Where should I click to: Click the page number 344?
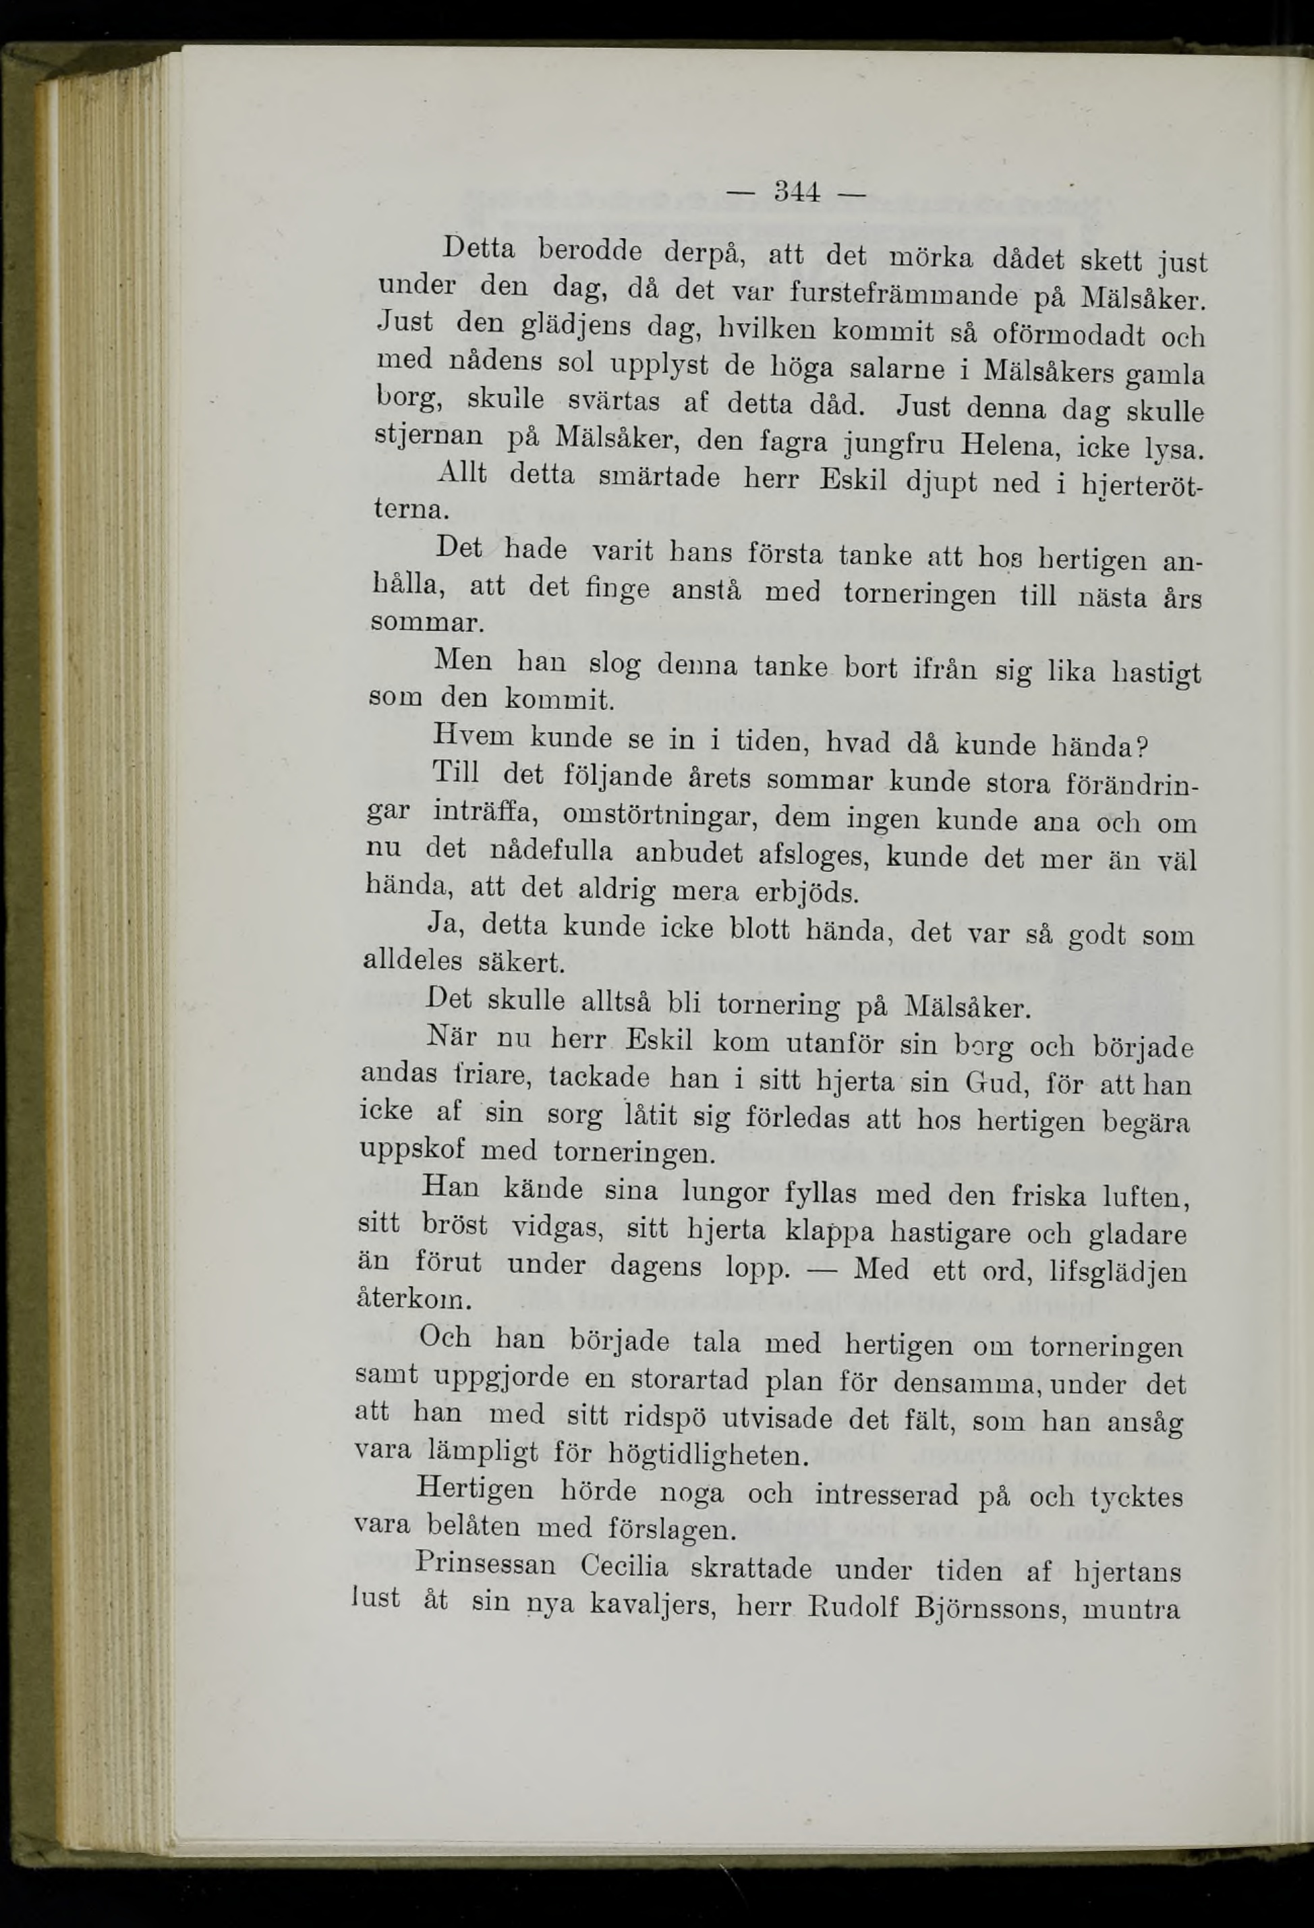797,194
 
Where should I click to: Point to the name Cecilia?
624,1567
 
